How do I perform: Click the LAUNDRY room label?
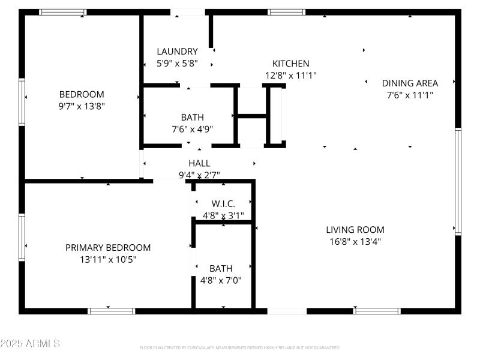tap(177, 52)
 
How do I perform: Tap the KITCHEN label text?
tap(291, 64)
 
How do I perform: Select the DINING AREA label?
tap(410, 83)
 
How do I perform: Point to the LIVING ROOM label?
tap(355, 230)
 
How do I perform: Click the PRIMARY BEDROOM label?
tap(108, 248)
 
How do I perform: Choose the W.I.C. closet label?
tap(223, 204)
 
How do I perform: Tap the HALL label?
tap(199, 163)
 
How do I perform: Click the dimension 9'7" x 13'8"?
tap(82, 106)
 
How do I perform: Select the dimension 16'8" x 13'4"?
tap(355, 241)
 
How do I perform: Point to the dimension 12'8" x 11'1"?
tap(291, 75)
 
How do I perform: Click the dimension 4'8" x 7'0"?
tap(221, 280)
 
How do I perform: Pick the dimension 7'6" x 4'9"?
tap(193, 128)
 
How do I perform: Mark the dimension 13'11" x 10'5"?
tap(108, 259)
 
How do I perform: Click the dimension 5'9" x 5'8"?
tap(177, 63)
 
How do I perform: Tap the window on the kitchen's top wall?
tap(286, 12)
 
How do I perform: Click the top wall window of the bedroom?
tap(63, 12)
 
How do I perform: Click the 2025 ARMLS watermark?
tap(30, 344)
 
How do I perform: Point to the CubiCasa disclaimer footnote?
tap(240, 348)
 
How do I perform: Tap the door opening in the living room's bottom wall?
tap(287, 311)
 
